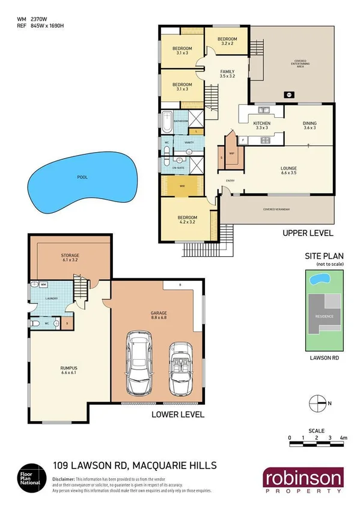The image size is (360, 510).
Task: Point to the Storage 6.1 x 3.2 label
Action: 70,259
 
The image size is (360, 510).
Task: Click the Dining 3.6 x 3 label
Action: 310,126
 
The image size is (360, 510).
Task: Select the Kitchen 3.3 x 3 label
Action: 262,126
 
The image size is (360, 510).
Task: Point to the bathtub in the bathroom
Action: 166,122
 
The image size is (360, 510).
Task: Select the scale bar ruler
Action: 316,444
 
